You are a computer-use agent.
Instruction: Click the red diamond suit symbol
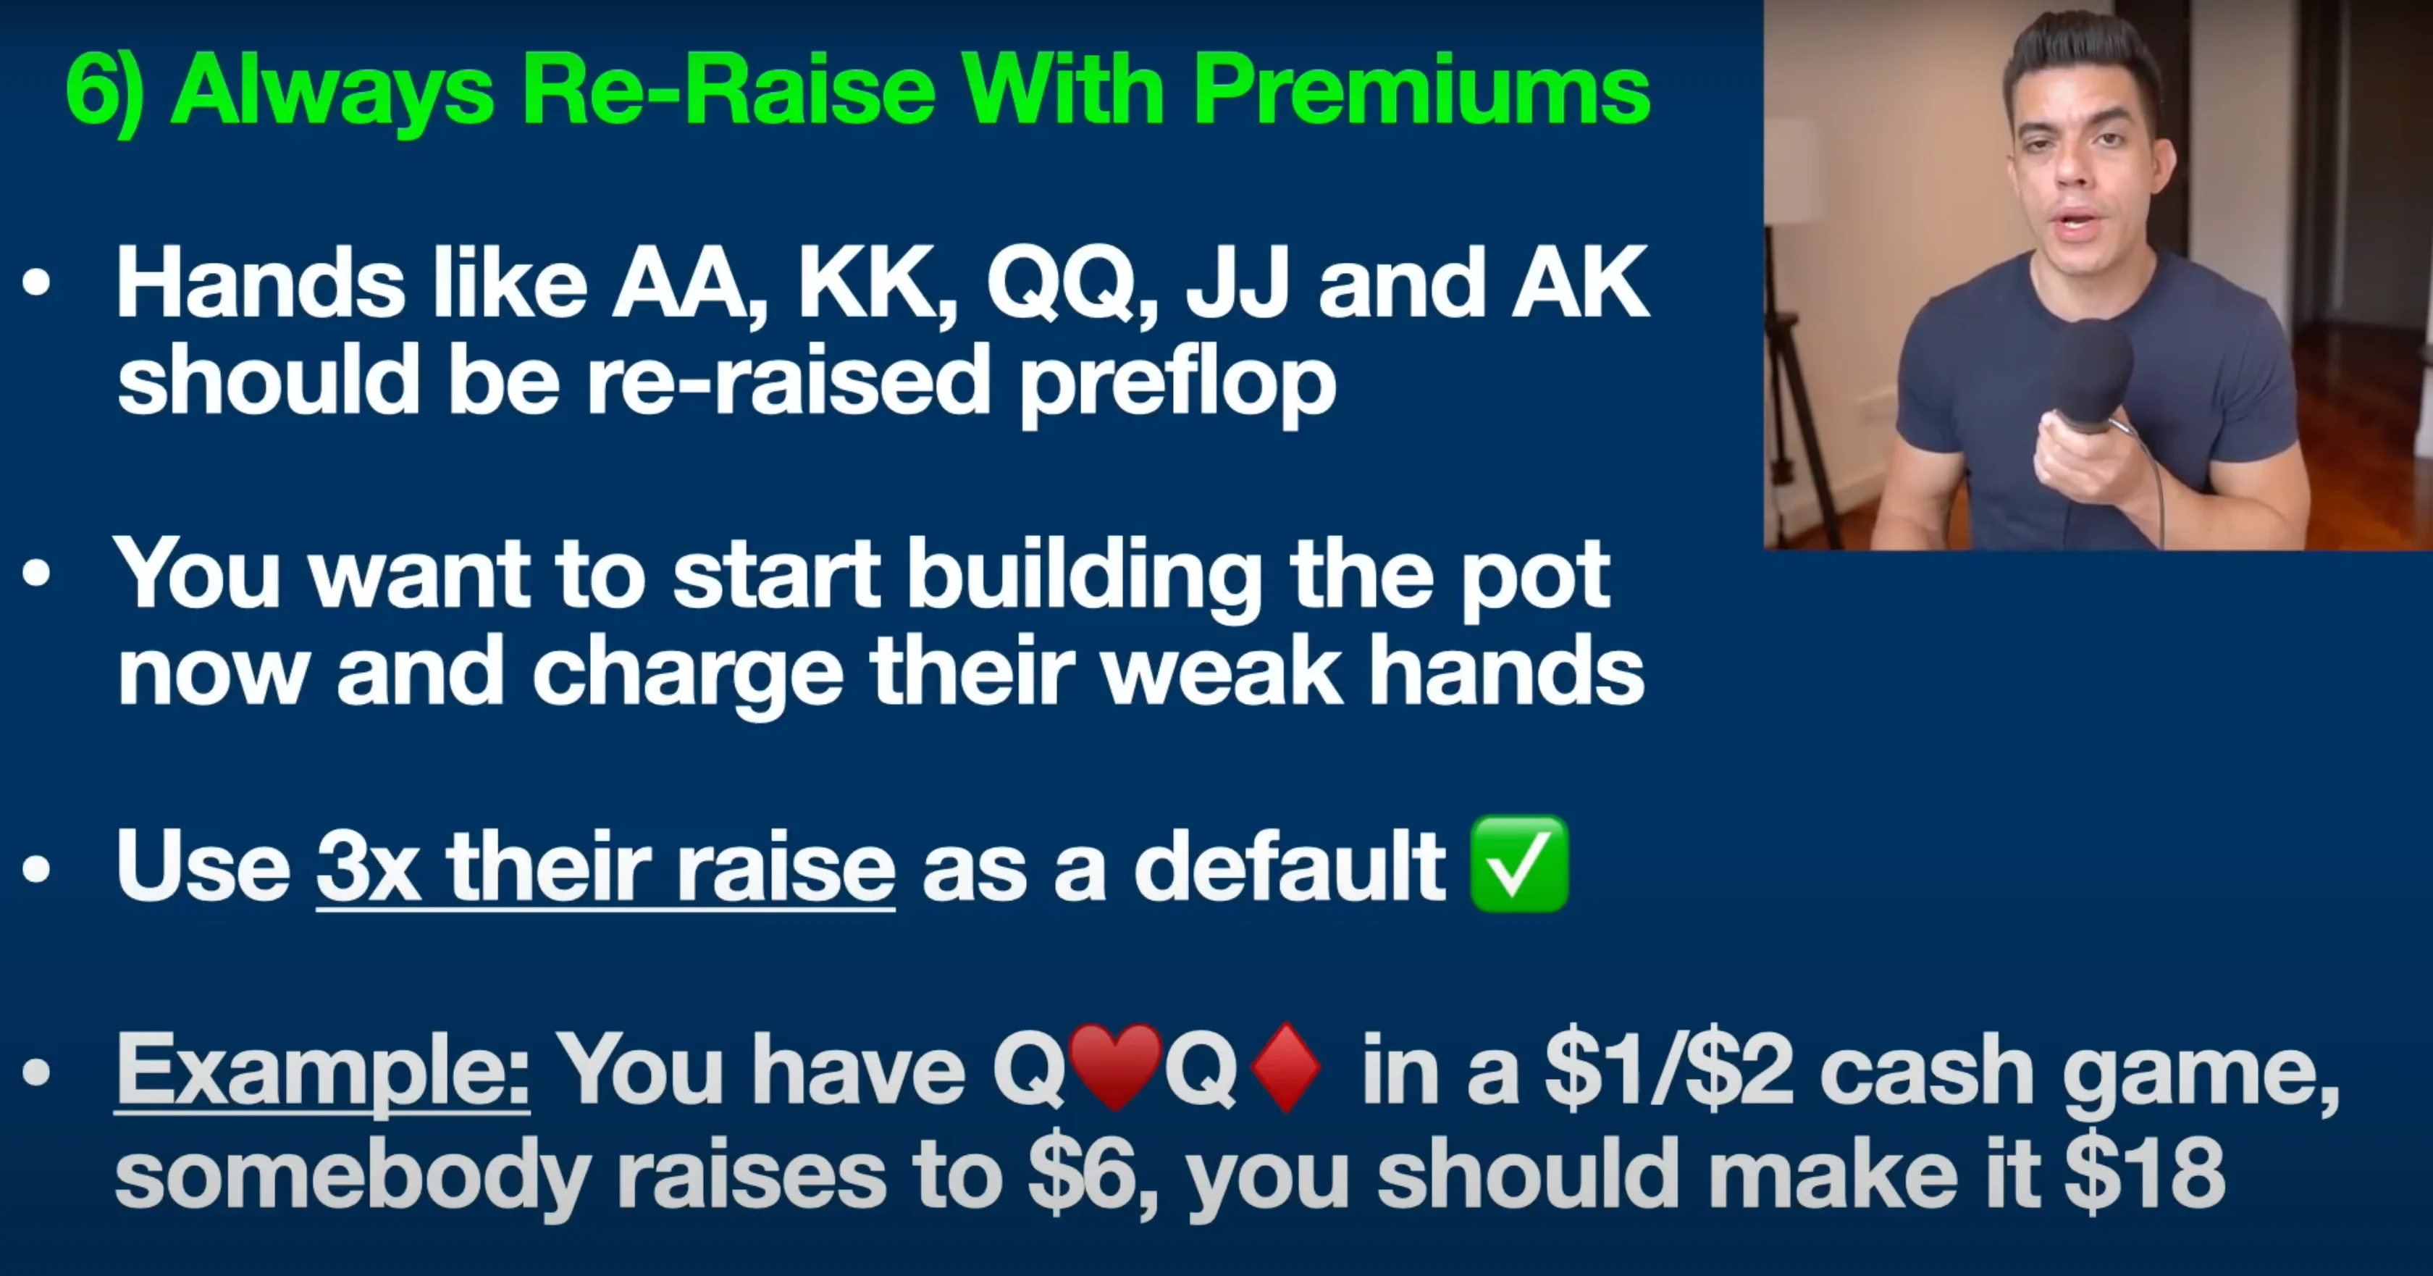(1285, 1067)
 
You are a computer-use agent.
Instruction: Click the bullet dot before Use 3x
(36, 869)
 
